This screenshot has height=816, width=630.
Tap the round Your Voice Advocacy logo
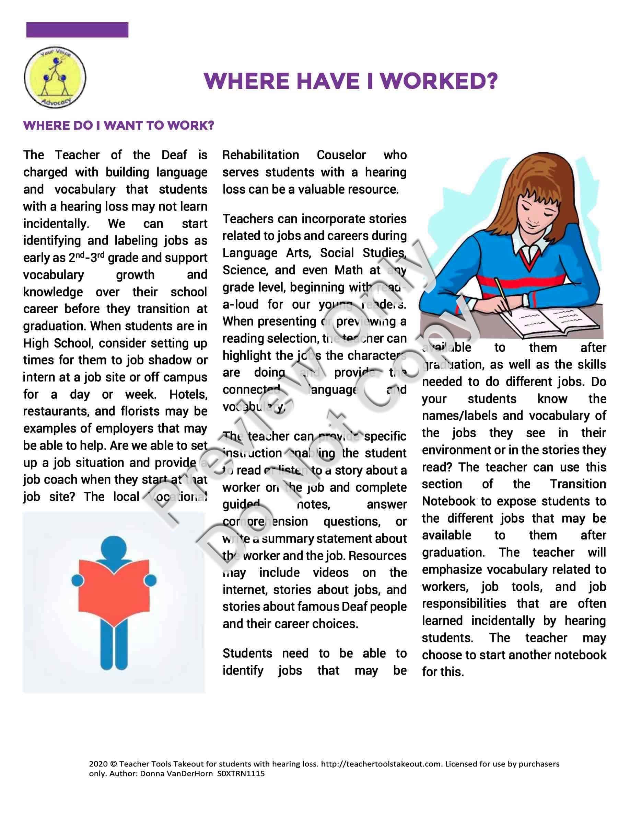coord(55,78)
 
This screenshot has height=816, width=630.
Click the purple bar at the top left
coord(77,30)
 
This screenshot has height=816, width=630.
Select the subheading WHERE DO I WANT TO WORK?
coord(119,125)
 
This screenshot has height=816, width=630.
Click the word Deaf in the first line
coord(174,155)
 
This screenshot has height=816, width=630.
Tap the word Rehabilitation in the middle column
coord(260,155)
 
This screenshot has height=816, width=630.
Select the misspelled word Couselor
coord(341,155)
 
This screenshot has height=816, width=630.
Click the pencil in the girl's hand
coord(503,296)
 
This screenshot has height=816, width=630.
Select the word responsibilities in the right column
coord(464,604)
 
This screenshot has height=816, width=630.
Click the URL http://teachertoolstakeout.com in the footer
coord(381,764)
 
